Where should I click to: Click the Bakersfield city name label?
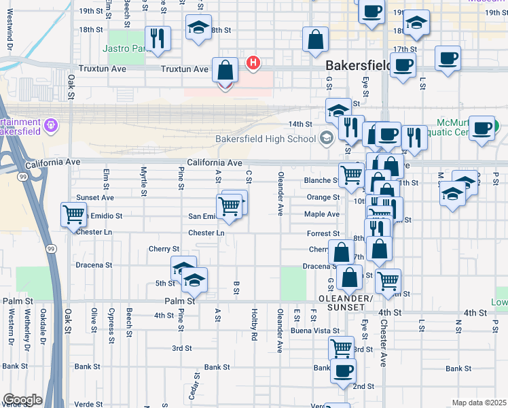(357, 66)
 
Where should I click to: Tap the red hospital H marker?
(253, 63)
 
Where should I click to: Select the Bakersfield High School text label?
(266, 139)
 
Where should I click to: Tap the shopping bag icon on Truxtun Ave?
(225, 70)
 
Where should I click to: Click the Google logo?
(22, 400)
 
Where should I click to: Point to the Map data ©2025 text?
(478, 403)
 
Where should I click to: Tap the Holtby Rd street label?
(254, 322)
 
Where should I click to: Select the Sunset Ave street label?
(95, 198)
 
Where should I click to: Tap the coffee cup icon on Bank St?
(343, 370)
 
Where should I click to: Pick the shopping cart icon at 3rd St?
(341, 347)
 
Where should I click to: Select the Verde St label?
(88, 404)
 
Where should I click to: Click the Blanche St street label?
(321, 181)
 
